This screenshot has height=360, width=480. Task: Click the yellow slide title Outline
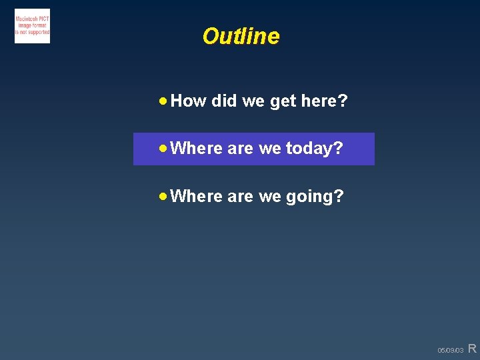tap(241, 36)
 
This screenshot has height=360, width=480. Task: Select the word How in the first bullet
tap(188, 101)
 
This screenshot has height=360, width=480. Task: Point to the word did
tap(223, 101)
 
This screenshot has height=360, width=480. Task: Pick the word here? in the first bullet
tap(324, 101)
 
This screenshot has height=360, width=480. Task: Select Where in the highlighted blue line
tap(196, 148)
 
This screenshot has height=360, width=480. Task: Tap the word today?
tap(314, 148)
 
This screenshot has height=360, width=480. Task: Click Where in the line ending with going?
tap(196, 196)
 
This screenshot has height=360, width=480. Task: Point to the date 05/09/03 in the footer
tap(450, 350)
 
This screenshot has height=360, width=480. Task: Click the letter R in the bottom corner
tap(472, 348)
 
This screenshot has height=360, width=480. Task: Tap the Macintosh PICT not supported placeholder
tap(32, 27)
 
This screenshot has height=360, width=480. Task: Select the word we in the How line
tap(253, 101)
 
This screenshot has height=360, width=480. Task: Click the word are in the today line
tap(240, 149)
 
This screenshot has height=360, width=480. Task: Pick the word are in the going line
tap(240, 197)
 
